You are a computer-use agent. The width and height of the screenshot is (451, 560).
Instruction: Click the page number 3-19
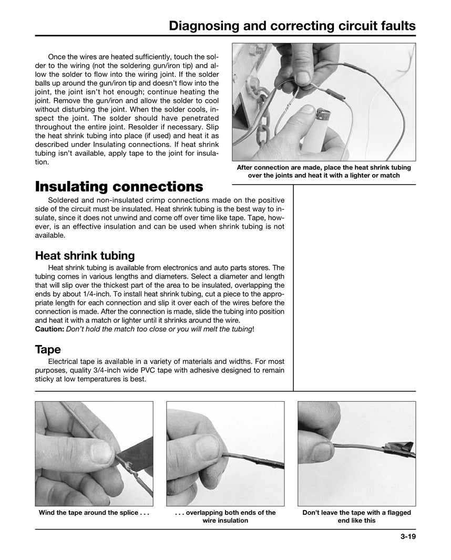pos(406,537)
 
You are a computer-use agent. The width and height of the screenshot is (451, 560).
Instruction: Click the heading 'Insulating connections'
pos(118,187)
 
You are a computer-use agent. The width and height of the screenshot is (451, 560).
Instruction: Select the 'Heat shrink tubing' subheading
pos(85,256)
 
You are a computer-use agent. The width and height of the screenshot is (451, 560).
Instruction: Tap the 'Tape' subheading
pos(47,350)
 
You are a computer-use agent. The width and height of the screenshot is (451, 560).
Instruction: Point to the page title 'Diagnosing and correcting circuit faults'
pos(292,26)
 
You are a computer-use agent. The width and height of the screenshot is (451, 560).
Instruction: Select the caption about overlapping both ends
pos(225,516)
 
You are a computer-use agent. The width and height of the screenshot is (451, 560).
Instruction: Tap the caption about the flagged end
pos(356,516)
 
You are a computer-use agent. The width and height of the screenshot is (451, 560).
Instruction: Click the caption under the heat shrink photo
pos(324,171)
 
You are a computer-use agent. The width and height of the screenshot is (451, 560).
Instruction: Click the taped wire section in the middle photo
pos(263,463)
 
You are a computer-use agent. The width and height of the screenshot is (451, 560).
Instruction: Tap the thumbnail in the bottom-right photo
pos(322,451)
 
